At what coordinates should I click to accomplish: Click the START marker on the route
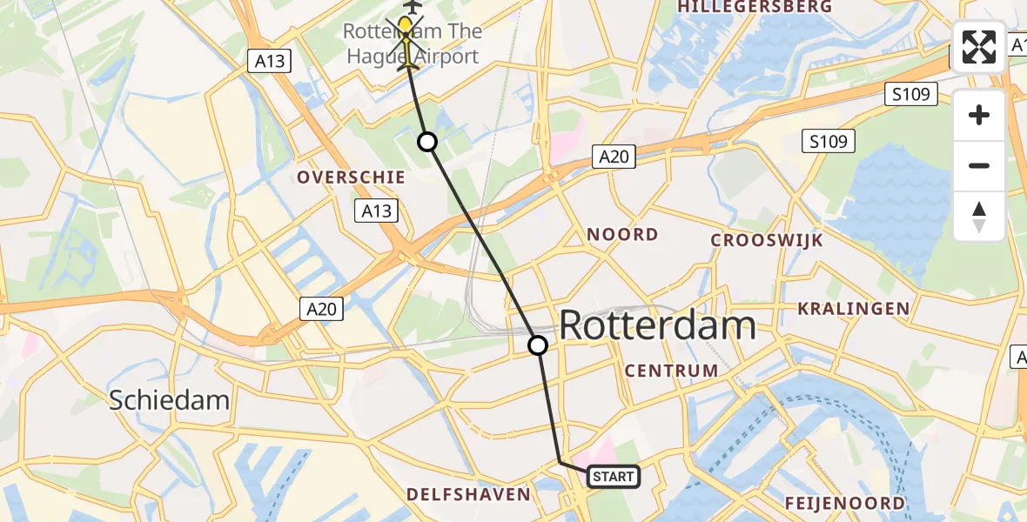[614, 476]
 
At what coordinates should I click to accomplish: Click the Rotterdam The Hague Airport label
[411, 44]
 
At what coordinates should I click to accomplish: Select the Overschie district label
[351, 177]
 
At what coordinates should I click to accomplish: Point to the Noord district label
[622, 235]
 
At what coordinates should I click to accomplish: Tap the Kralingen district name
[854, 309]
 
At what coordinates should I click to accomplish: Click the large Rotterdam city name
[657, 326]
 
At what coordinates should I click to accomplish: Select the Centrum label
[672, 371]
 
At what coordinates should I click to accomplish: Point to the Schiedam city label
[169, 400]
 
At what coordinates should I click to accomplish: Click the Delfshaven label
[468, 494]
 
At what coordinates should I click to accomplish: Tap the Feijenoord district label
[844, 503]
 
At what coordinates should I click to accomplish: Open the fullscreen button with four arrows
[979, 46]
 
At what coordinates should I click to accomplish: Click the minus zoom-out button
[979, 165]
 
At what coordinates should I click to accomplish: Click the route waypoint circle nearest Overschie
[427, 142]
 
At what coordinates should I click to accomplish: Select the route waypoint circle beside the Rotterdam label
[538, 345]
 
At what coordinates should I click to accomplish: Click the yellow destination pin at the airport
[406, 24]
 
